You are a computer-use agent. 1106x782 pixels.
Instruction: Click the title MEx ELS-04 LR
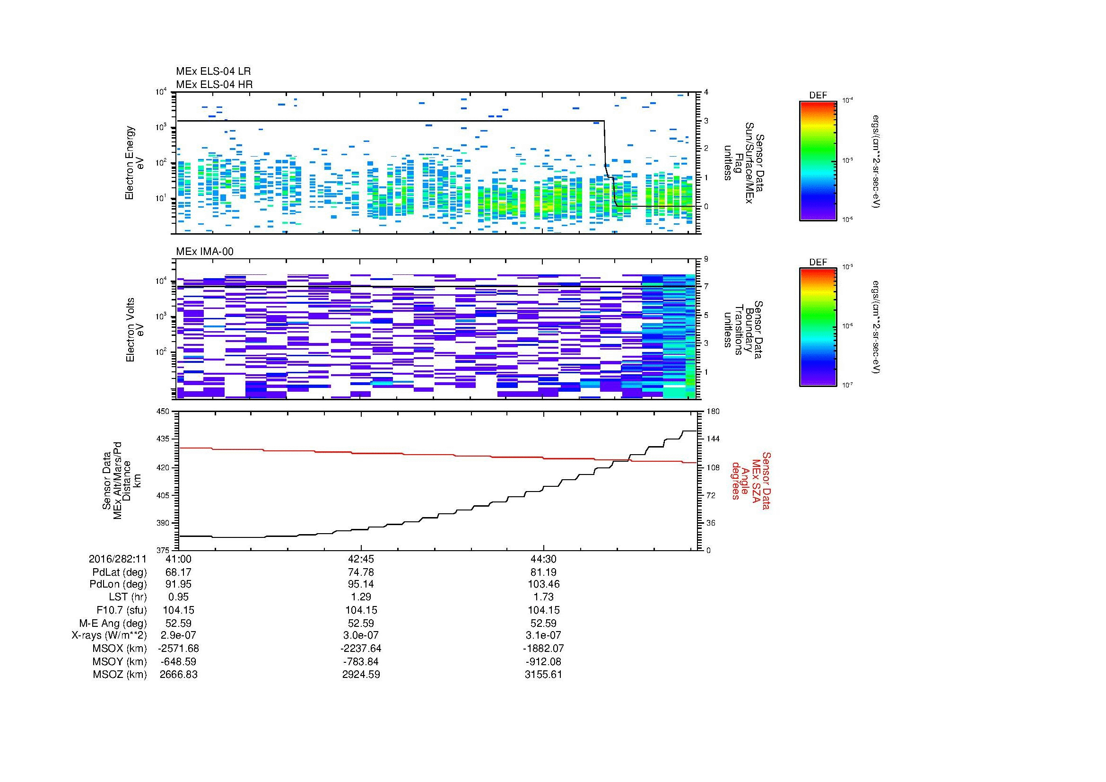click(213, 71)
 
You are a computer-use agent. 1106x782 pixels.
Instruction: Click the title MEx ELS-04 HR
click(214, 84)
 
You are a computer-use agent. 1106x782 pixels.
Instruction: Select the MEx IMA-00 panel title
click(204, 252)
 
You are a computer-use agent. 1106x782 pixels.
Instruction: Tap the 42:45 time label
click(361, 559)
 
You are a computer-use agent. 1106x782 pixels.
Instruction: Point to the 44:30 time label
click(543, 559)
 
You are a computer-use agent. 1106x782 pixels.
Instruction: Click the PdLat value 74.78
click(361, 572)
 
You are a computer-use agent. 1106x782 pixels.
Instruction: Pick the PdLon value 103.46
click(543, 584)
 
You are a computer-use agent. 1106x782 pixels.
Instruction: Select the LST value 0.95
click(178, 597)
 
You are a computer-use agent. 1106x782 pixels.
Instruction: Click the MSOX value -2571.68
click(178, 649)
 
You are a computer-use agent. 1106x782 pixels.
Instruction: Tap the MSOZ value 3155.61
click(543, 675)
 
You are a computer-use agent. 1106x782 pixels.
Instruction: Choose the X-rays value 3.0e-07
click(361, 635)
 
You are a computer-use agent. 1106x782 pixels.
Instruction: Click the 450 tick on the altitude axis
click(163, 412)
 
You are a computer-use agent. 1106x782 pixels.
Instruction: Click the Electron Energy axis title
click(135, 163)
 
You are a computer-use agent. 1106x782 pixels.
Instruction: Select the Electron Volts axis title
click(135, 330)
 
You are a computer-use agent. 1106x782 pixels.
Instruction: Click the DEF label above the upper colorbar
click(818, 96)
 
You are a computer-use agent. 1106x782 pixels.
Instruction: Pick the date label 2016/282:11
click(118, 559)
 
